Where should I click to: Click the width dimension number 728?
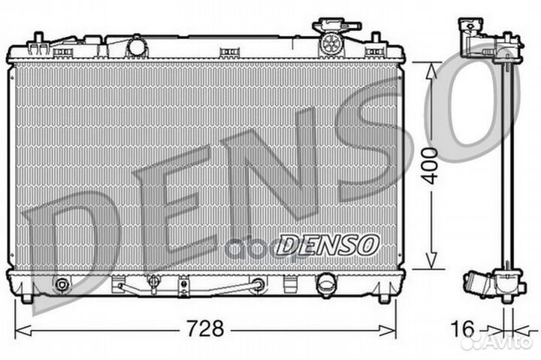[205, 329]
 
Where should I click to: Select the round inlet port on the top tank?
[137, 47]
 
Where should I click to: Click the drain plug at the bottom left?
[62, 285]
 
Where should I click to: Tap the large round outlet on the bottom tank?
[327, 284]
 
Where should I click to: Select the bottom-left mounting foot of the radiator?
[27, 298]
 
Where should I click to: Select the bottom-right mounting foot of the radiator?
[384, 298]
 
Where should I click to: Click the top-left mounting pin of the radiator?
[35, 38]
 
